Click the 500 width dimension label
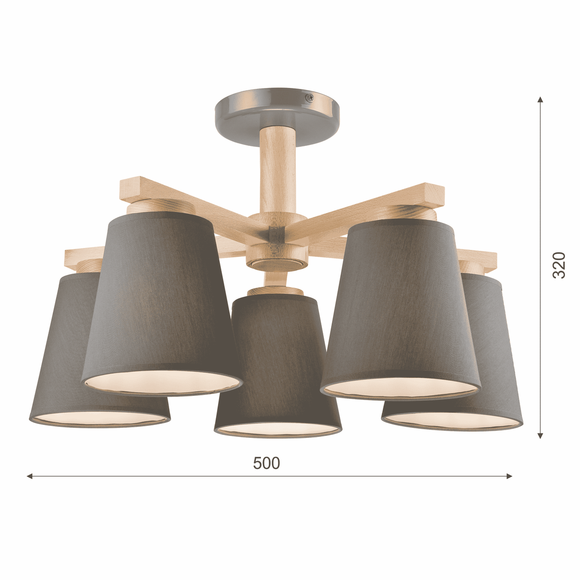(266, 463)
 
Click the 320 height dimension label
(559, 265)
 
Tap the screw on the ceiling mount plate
(309, 97)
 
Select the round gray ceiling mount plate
(277, 118)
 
